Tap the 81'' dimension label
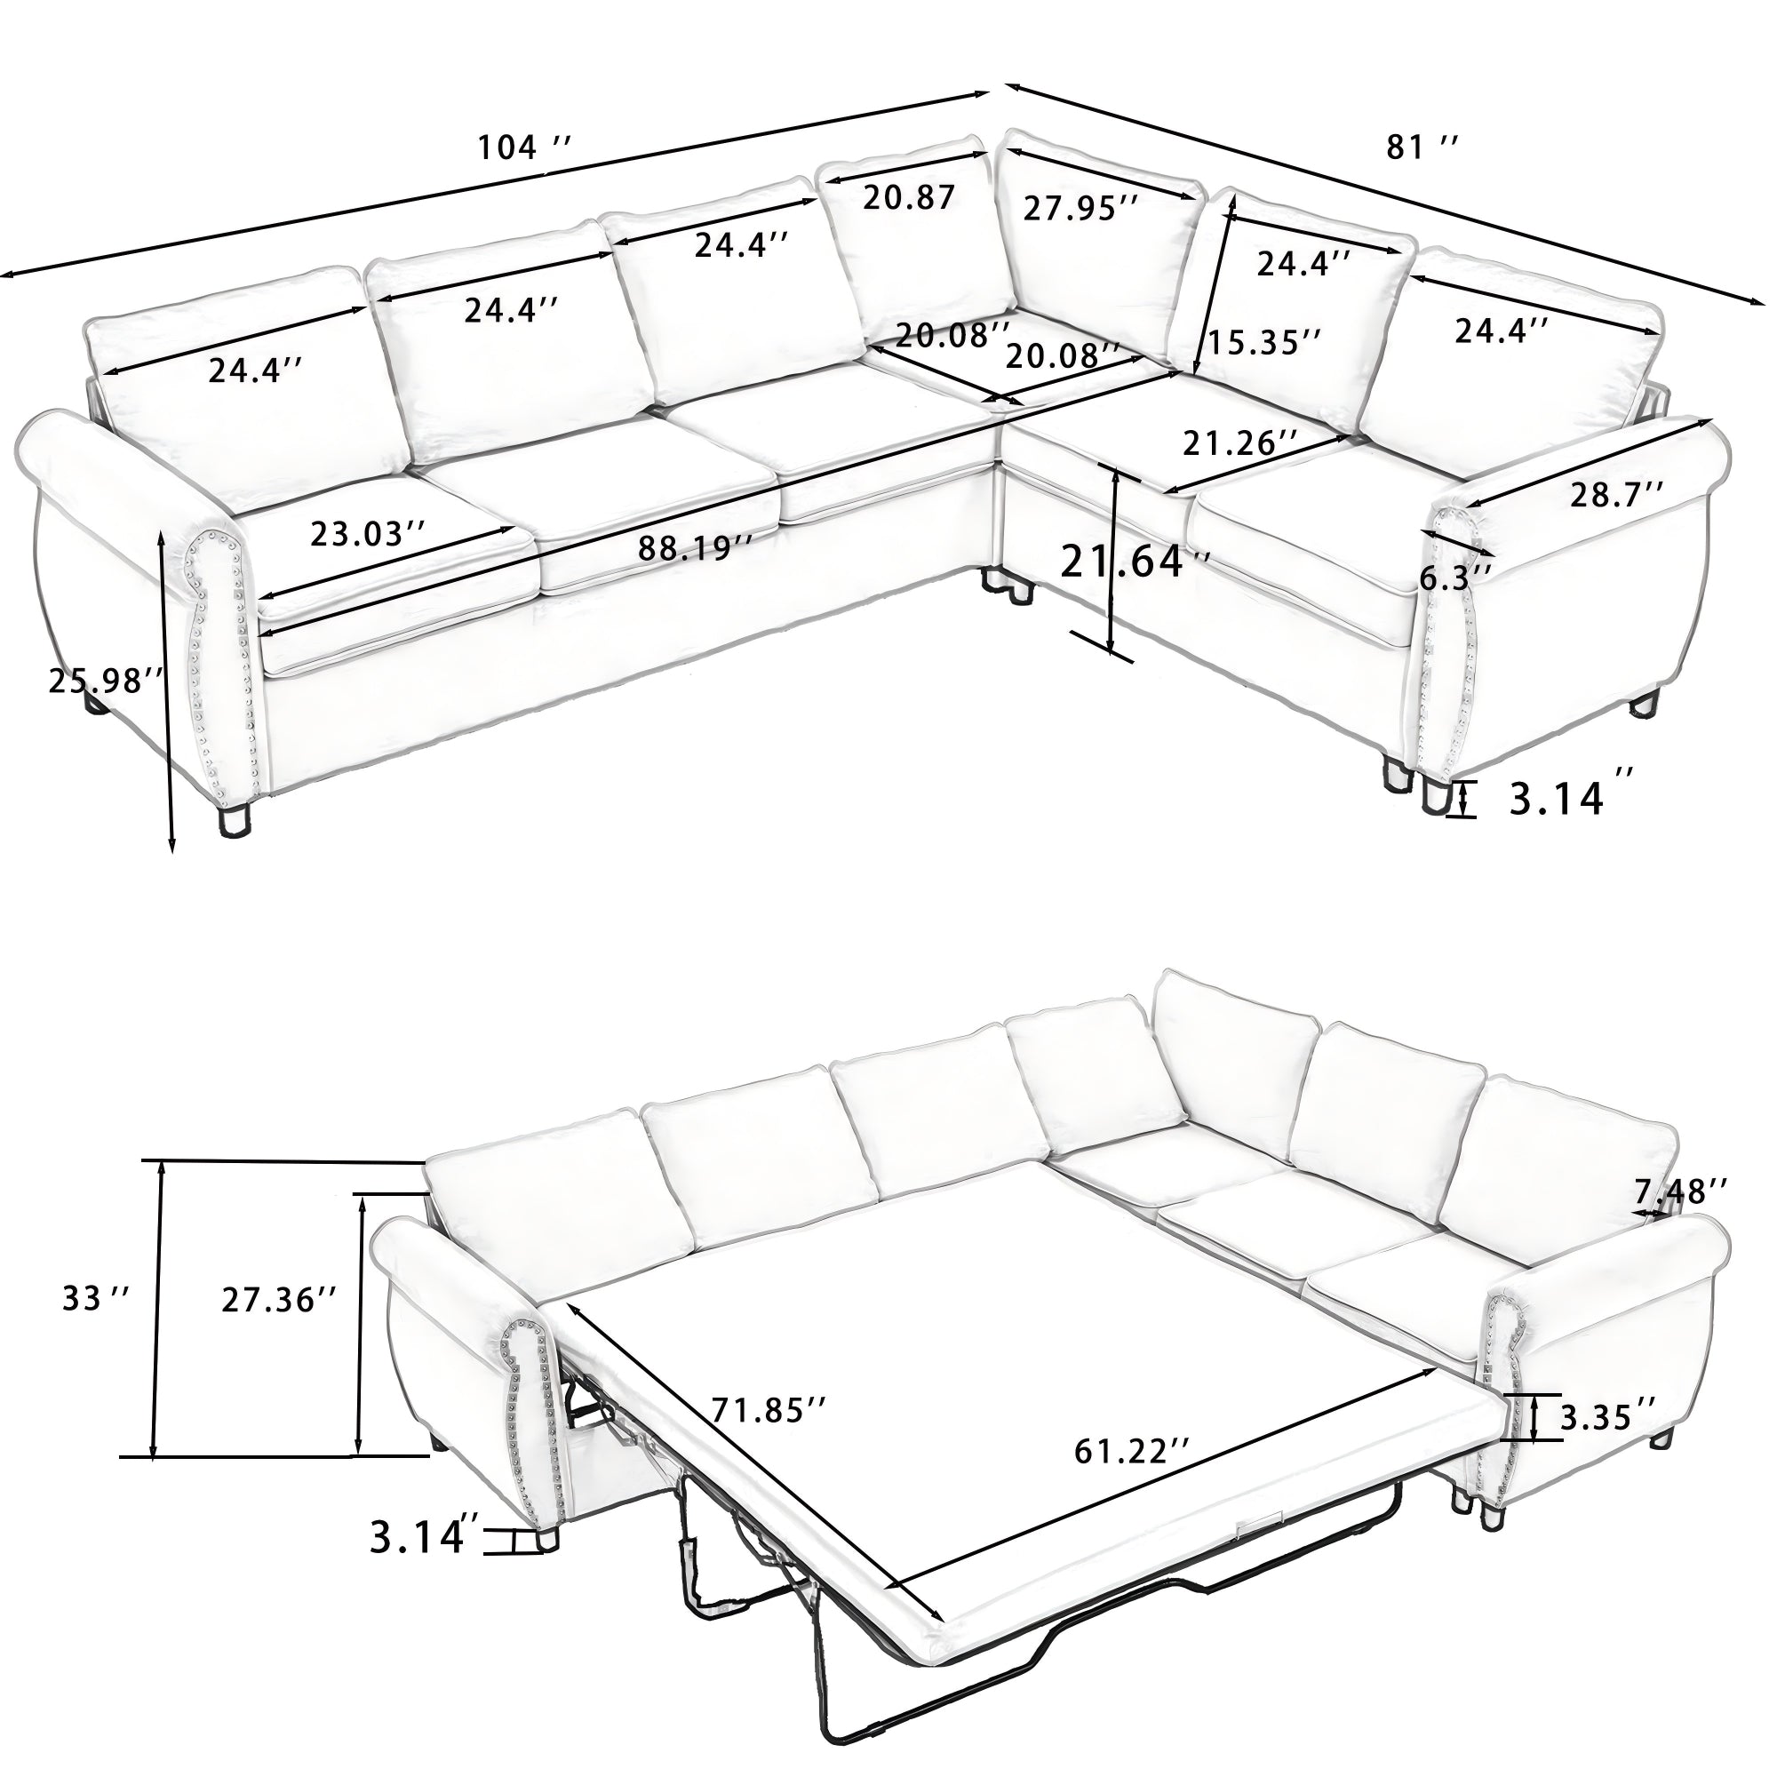(x=1422, y=147)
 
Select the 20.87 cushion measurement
(x=909, y=197)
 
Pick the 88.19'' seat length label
(x=697, y=548)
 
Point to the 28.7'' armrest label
(x=1616, y=494)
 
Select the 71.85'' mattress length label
(x=769, y=1433)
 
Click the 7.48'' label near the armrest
(x=1679, y=1191)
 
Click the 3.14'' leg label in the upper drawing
(x=1569, y=799)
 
